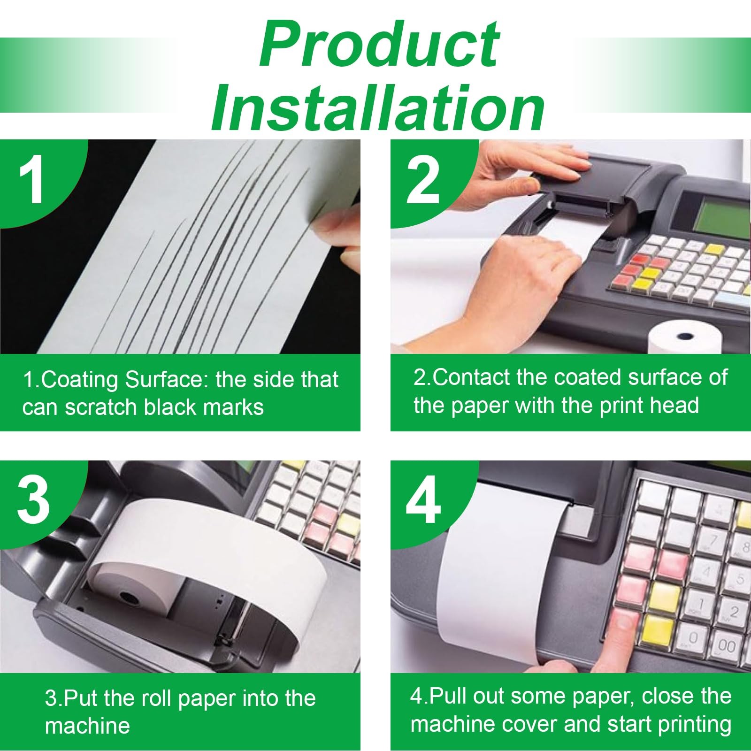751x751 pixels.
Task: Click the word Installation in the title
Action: pos(378,108)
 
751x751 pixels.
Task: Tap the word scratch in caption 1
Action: pos(102,407)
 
